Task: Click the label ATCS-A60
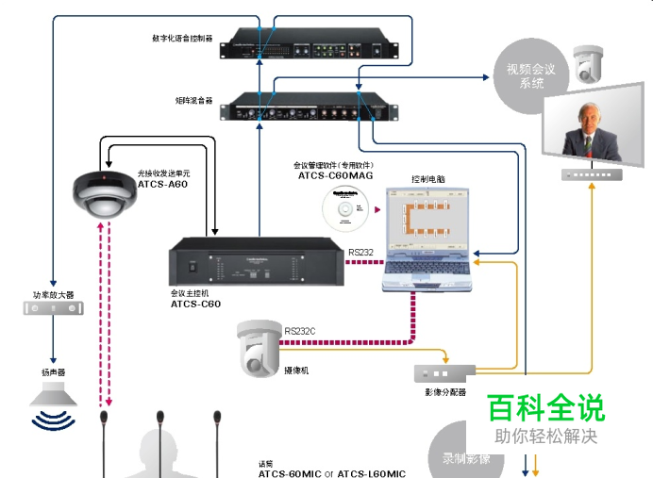click(162, 184)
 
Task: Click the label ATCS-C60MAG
click(336, 175)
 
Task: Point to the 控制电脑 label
click(429, 179)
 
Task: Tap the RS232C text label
click(301, 332)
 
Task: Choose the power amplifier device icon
click(53, 307)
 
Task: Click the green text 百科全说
click(545, 408)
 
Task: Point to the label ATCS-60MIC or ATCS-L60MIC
click(332, 473)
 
